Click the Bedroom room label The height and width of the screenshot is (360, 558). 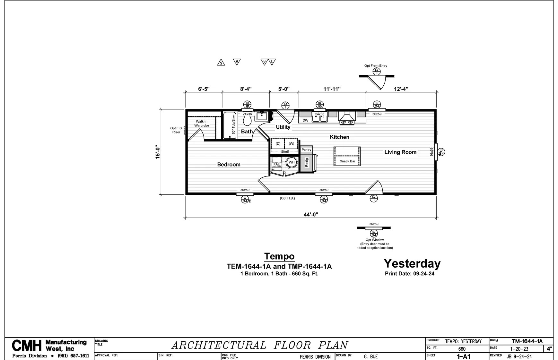pyautogui.click(x=229, y=165)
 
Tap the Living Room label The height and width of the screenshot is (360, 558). pyautogui.click(x=400, y=152)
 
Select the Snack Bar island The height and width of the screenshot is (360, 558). pyautogui.click(x=347, y=156)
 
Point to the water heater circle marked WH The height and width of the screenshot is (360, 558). pyautogui.click(x=292, y=162)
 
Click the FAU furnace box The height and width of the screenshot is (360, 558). pyautogui.click(x=277, y=164)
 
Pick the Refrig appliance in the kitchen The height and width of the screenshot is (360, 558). pyautogui.click(x=307, y=162)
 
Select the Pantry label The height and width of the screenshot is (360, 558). pyautogui.click(x=306, y=150)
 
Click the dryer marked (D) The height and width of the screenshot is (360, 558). pyautogui.click(x=278, y=143)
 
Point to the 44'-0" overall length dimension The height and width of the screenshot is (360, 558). pyautogui.click(x=311, y=215)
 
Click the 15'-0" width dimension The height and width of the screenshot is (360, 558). pyautogui.click(x=158, y=152)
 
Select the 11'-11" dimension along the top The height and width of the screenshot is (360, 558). pyautogui.click(x=332, y=89)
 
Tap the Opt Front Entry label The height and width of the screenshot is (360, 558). pyautogui.click(x=376, y=66)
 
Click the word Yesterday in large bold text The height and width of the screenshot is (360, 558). pyautogui.click(x=412, y=263)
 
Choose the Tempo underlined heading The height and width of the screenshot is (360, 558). pyautogui.click(x=279, y=256)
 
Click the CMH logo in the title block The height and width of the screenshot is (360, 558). pyautogui.click(x=27, y=346)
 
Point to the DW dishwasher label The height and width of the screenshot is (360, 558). pyautogui.click(x=305, y=121)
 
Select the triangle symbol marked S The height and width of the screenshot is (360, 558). pyautogui.click(x=221, y=62)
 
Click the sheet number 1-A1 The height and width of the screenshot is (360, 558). pyautogui.click(x=464, y=356)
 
